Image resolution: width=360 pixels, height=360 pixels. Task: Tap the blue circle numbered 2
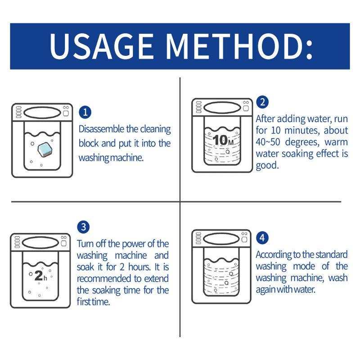tap(262, 102)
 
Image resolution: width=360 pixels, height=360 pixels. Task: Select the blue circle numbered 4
tap(262, 238)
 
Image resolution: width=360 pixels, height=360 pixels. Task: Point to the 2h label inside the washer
tap(40, 276)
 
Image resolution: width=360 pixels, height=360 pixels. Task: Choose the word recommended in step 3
tap(103, 279)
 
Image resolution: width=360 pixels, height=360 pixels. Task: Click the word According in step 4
tap(275, 254)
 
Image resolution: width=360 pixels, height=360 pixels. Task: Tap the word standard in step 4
tap(331, 254)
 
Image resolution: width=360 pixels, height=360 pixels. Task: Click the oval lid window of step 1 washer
tap(41, 112)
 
